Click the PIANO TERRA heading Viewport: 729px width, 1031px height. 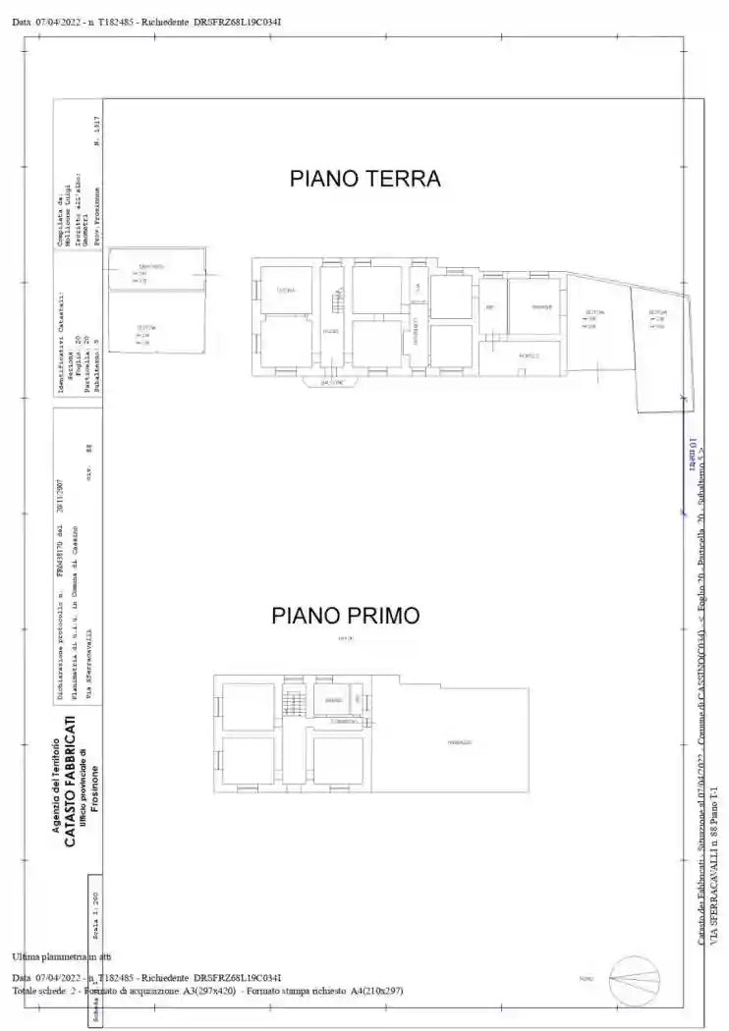tap(364, 179)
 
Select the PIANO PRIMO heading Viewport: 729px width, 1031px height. tap(346, 616)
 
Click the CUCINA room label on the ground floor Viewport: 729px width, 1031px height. tap(286, 291)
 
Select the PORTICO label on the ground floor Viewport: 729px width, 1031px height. tap(529, 355)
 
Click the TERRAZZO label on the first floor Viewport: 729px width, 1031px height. tap(460, 742)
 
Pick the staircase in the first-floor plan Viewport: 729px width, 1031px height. tap(292, 703)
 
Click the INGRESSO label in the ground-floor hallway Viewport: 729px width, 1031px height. tap(331, 332)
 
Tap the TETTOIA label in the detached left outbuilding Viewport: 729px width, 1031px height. tap(144, 327)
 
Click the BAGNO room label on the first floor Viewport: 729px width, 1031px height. tap(333, 700)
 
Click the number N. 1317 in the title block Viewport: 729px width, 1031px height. tap(96, 131)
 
